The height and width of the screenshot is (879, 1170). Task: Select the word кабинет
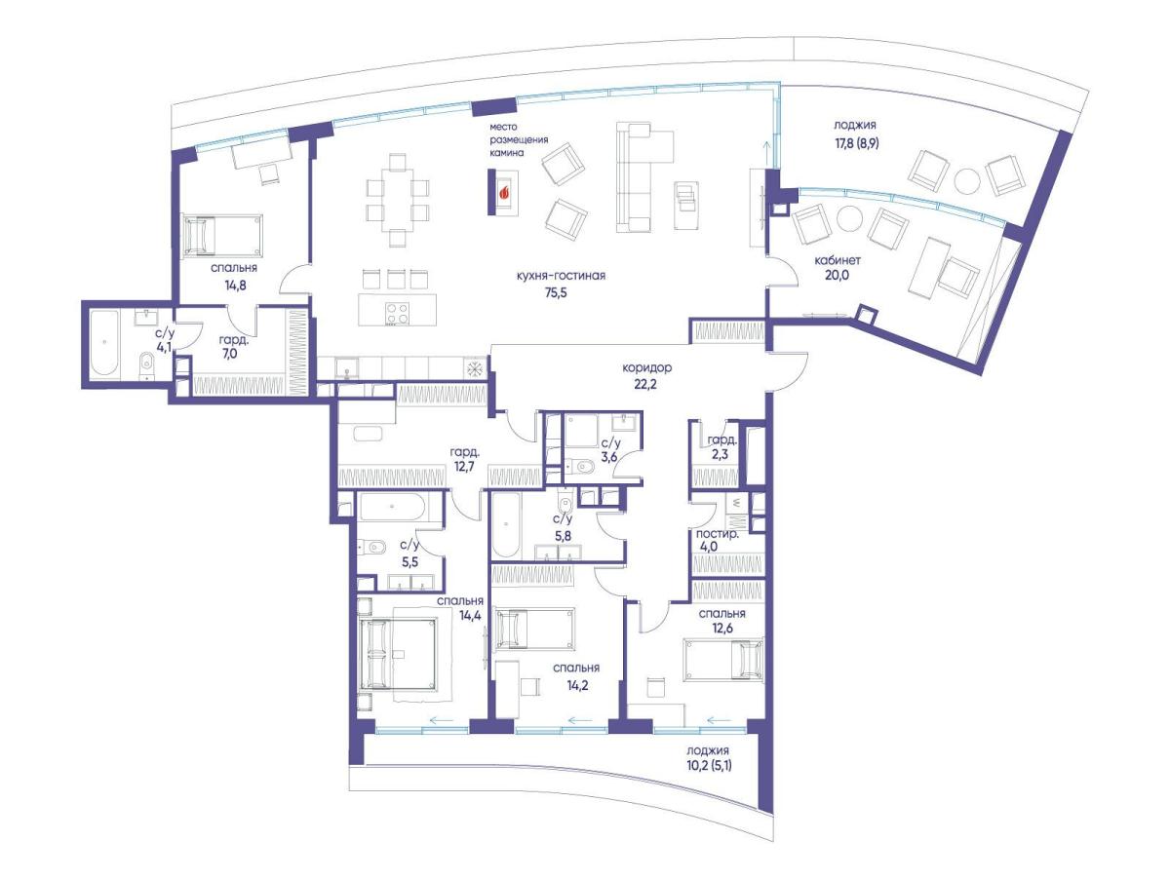[838, 260]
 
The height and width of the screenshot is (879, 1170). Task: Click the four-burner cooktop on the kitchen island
[397, 313]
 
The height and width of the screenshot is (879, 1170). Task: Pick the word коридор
[647, 367]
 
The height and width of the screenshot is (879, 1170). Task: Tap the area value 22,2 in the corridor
[645, 384]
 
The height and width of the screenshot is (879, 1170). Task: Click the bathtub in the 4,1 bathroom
[104, 343]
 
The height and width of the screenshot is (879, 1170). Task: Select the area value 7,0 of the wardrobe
[230, 355]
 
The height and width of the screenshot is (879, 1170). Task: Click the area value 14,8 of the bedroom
[235, 286]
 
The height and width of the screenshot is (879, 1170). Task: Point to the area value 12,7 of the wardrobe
[465, 467]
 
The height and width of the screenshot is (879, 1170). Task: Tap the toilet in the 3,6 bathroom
[580, 467]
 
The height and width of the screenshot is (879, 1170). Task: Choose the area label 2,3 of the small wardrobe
[720, 455]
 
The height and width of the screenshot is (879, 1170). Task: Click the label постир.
[717, 534]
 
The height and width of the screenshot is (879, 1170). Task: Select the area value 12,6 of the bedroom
[721, 629]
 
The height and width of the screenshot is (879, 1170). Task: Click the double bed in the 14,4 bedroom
[398, 654]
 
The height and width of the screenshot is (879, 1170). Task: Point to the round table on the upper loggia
[967, 181]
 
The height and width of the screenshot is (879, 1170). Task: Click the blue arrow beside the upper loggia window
[766, 152]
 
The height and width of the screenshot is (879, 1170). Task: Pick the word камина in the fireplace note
[507, 153]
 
